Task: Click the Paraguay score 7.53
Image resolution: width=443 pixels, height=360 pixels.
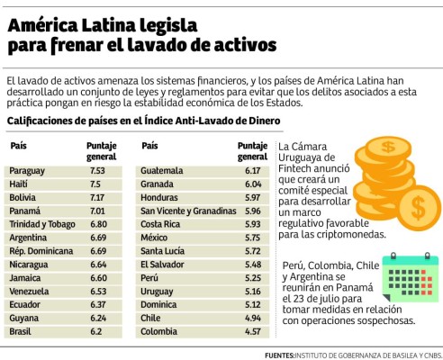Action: (97, 170)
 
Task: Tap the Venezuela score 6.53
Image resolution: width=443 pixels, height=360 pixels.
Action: (97, 290)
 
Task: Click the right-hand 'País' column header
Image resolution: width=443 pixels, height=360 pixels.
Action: (149, 146)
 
